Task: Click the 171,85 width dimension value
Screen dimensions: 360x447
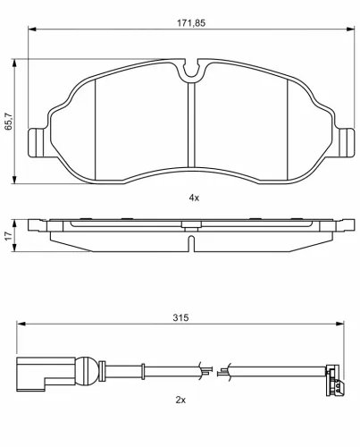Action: [191, 23]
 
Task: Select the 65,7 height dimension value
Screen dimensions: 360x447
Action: [9, 122]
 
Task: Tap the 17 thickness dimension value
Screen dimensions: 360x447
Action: [9, 236]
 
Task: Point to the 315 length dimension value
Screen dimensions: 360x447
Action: [180, 317]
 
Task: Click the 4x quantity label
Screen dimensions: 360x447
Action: [194, 198]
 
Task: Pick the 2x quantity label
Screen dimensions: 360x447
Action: [180, 400]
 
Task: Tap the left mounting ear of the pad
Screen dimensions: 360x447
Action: [38, 142]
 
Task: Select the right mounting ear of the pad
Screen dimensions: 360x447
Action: [346, 142]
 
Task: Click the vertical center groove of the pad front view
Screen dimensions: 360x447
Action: [191, 124]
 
